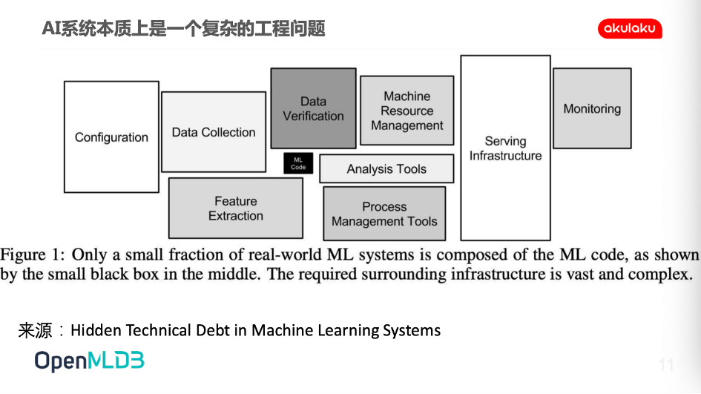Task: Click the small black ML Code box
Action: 298,163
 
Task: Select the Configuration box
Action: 111,137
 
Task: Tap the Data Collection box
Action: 214,132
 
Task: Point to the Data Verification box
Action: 313,108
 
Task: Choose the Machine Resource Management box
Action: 407,111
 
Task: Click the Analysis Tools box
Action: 386,168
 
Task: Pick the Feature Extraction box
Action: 236,208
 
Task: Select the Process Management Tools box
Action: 384,214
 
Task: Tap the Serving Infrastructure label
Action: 506,148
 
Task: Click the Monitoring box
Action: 593,108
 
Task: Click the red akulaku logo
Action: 630,29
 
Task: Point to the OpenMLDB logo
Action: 90,361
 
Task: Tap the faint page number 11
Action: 665,365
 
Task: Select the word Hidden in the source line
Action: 96,330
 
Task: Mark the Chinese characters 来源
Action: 36,330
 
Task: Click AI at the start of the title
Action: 51,29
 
